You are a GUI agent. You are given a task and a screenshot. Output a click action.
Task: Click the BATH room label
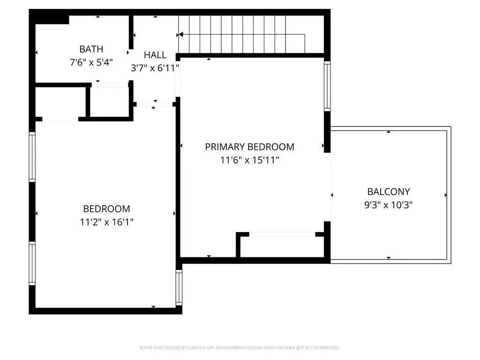click(x=91, y=49)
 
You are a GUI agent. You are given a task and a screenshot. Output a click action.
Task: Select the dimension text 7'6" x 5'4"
click(x=91, y=62)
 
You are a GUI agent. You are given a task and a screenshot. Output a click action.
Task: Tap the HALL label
click(x=155, y=55)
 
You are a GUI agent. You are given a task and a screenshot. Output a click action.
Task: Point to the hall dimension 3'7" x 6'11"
click(x=155, y=68)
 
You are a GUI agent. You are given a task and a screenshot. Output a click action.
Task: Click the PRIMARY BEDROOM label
click(x=249, y=147)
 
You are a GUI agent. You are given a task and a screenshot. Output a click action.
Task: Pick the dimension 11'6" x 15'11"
click(x=249, y=160)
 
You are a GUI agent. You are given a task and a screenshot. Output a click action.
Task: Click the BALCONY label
click(x=389, y=192)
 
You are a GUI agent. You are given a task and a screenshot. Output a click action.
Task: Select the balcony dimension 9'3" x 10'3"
click(x=389, y=205)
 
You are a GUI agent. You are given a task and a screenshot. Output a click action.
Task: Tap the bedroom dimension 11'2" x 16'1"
click(x=106, y=222)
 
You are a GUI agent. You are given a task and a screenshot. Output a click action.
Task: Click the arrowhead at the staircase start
click(x=180, y=35)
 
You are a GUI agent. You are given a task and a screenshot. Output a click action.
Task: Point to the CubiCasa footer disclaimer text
click(x=240, y=348)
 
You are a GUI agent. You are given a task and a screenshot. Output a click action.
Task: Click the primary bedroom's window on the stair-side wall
click(x=327, y=86)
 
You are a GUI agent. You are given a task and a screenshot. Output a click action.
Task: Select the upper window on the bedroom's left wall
click(x=32, y=157)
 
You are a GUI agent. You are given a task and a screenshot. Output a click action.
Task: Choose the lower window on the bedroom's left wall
click(x=32, y=263)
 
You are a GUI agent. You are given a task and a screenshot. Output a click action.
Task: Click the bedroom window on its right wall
click(x=179, y=287)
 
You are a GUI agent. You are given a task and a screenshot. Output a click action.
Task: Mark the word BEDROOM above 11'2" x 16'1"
click(x=106, y=209)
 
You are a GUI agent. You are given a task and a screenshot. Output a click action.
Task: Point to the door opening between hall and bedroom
click(x=155, y=104)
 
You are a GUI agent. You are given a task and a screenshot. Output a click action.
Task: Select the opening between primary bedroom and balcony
click(x=328, y=187)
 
